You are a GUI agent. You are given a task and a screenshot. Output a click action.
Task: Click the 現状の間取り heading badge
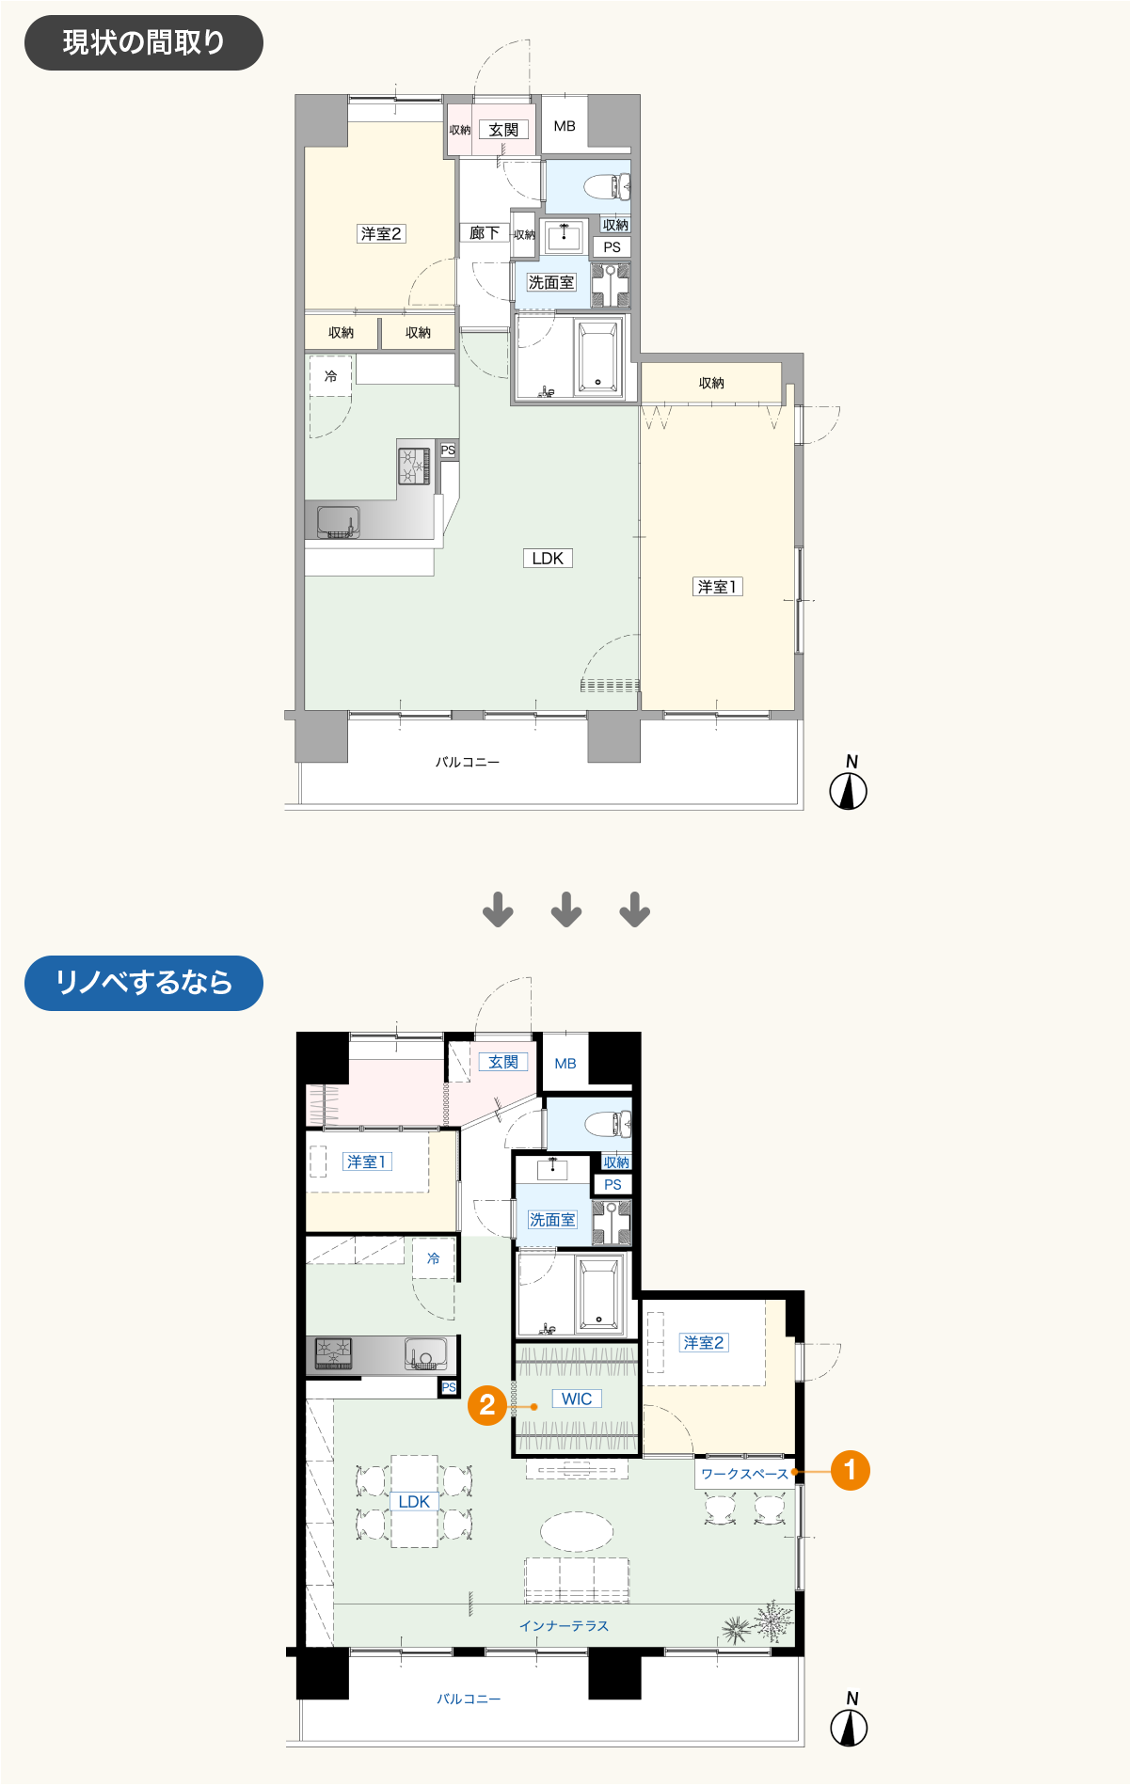point(143,42)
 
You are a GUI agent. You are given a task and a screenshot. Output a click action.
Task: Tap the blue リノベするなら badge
point(143,983)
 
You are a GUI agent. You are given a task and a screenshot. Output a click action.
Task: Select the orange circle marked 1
point(850,1470)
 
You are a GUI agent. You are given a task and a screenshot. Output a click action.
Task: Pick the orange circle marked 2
point(487,1405)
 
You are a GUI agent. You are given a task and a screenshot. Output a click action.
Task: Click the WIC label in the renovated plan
point(577,1399)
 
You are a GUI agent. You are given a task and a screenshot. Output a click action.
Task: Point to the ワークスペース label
point(744,1474)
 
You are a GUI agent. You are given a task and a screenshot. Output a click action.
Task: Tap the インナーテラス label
point(565,1625)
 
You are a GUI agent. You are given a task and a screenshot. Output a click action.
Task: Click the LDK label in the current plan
point(548,559)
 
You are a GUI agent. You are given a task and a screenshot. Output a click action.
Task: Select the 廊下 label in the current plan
point(485,232)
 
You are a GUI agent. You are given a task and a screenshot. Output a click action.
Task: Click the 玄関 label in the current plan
point(503,130)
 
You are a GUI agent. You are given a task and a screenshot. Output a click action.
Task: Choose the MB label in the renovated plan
point(565,1064)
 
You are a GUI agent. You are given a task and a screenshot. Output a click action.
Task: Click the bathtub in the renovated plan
point(599,1295)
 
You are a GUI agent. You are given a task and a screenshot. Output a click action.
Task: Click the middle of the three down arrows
point(566,909)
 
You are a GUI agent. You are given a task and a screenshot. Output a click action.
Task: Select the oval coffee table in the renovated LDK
point(577,1530)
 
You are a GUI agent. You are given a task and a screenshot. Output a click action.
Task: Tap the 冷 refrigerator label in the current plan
point(331,376)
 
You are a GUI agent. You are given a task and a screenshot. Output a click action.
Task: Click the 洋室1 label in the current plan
point(718,587)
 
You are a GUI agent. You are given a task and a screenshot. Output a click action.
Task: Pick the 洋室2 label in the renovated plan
point(704,1343)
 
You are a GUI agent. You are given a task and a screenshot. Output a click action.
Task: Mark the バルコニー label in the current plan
point(468,762)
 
